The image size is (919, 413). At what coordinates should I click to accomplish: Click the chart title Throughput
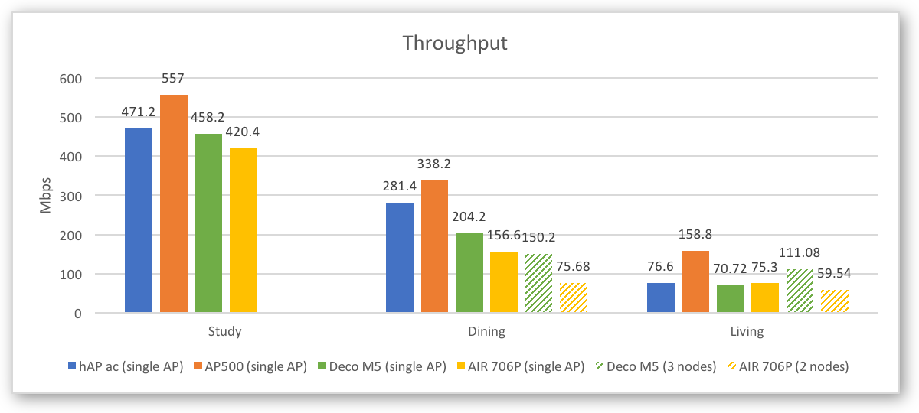[x=455, y=44]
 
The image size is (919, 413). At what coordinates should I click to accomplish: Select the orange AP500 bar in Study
[x=173, y=203]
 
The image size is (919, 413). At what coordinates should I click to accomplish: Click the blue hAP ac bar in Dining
[x=399, y=257]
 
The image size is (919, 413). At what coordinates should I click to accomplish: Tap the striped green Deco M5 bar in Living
[x=800, y=291]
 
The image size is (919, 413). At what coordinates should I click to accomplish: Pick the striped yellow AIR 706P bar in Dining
[x=574, y=298]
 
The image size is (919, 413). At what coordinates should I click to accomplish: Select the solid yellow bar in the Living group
[x=765, y=298]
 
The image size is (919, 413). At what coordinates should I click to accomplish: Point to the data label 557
[x=173, y=78]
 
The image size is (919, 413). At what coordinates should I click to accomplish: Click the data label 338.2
[x=434, y=164]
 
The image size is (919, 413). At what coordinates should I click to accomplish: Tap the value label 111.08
[x=800, y=252]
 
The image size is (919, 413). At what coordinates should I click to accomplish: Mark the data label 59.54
[x=836, y=272]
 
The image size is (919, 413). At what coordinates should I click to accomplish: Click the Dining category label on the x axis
[x=486, y=332]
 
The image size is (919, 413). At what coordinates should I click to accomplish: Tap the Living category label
[x=747, y=332]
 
